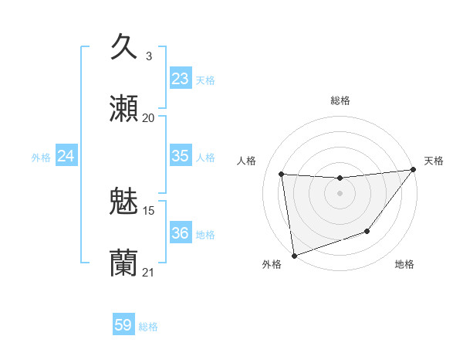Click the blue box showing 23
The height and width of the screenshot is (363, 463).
(180, 78)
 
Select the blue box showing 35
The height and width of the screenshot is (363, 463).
(180, 155)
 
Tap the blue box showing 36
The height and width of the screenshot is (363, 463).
(180, 232)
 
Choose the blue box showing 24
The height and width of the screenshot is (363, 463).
(66, 156)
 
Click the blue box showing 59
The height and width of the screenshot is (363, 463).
(123, 325)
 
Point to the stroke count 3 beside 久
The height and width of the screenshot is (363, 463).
(149, 56)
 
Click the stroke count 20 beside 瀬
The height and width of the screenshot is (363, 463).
(149, 117)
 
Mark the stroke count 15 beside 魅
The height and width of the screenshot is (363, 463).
(149, 210)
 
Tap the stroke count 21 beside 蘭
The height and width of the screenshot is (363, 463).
(149, 272)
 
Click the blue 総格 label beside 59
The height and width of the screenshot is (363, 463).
(149, 327)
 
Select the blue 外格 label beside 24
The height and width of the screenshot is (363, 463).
(41, 158)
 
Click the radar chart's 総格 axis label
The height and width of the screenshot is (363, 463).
(340, 100)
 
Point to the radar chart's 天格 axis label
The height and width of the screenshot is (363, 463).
(434, 161)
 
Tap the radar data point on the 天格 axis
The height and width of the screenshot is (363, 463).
(414, 170)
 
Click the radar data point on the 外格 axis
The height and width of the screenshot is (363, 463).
(294, 255)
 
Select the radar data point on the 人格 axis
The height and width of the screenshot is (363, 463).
(282, 175)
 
